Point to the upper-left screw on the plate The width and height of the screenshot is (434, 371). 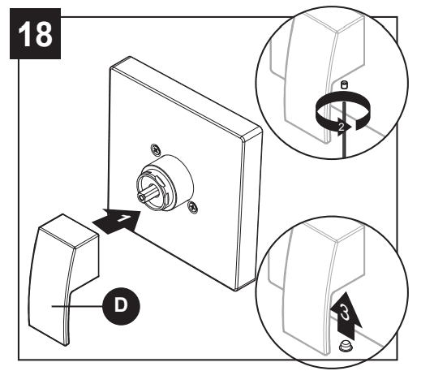154,149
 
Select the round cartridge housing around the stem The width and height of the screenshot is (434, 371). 166,182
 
